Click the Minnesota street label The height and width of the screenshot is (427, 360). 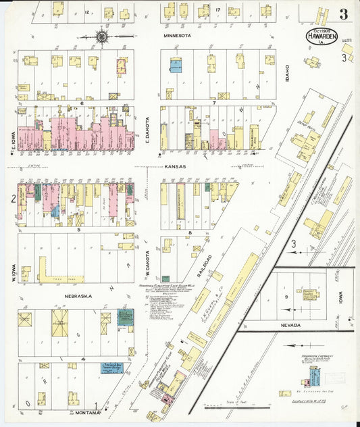[177, 34]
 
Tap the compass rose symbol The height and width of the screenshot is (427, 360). [101, 35]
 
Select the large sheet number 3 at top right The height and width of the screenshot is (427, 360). [344, 14]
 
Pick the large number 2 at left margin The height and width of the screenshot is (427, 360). [13, 198]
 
